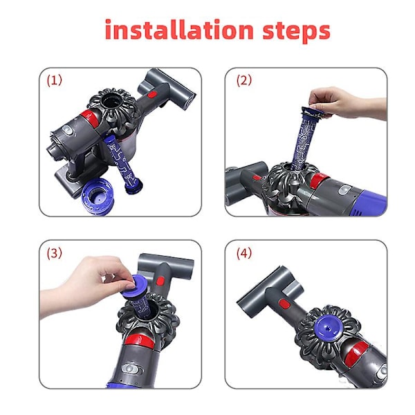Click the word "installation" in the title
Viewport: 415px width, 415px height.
tap(179, 29)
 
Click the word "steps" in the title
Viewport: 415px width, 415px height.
tap(297, 32)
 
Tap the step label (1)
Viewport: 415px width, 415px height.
tap(54, 80)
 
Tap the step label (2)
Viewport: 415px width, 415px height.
tap(243, 80)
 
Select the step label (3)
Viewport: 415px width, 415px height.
tap(54, 253)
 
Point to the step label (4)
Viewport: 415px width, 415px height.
tap(243, 253)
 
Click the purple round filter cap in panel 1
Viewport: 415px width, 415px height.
tap(98, 196)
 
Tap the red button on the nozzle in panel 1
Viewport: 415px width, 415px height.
tap(151, 94)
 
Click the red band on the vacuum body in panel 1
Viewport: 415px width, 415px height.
tap(90, 118)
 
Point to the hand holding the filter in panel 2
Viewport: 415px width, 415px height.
tap(347, 103)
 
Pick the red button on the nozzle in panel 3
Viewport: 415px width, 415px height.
tap(160, 281)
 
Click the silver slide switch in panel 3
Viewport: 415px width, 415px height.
tap(130, 369)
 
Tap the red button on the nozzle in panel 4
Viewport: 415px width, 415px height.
tap(284, 304)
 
